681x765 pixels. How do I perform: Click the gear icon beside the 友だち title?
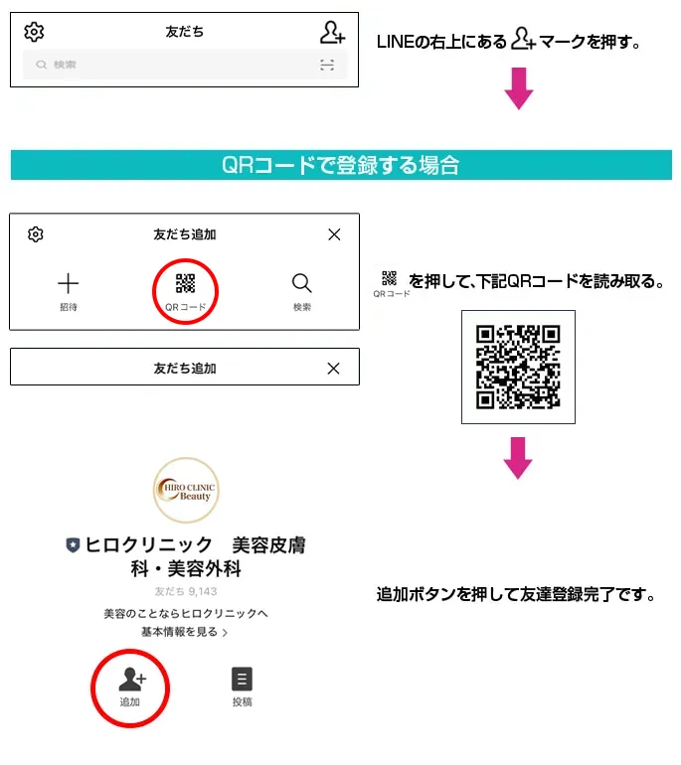34,32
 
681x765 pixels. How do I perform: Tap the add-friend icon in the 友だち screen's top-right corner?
332,33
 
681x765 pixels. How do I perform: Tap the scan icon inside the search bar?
327,65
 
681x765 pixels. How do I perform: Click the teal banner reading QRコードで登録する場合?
341,165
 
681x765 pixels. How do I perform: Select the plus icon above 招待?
68,283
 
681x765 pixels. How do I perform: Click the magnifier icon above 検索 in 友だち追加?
302,283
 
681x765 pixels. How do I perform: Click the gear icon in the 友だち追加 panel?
36,234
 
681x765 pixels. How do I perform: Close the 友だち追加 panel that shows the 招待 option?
334,234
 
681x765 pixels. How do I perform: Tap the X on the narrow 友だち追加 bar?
334,368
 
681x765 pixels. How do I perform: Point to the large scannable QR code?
518,367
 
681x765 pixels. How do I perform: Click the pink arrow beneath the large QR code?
519,455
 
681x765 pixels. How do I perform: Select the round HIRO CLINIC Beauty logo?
185,491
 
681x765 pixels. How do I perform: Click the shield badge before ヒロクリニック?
73,545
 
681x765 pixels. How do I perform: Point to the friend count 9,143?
185,592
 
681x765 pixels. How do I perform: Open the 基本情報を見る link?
185,632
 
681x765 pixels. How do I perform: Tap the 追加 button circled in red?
131,687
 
